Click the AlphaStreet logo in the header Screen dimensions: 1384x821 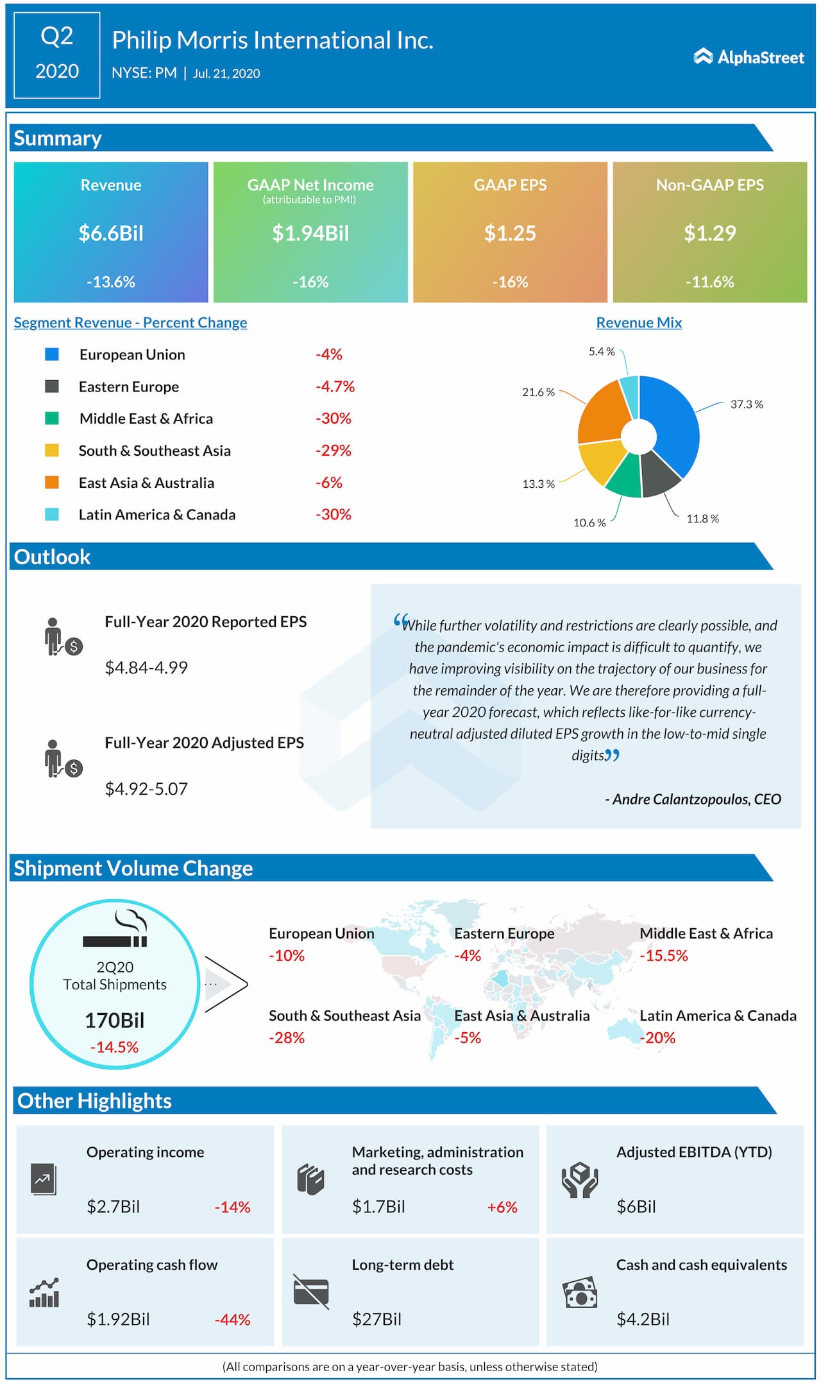tap(749, 57)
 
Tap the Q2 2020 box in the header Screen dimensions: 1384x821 tap(56, 55)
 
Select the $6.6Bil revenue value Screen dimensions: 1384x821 tap(111, 233)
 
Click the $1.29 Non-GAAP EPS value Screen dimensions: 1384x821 tap(709, 233)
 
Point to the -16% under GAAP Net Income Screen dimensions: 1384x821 tap(310, 282)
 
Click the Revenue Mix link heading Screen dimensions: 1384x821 tap(639, 323)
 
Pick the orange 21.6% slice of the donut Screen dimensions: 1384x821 tap(604, 411)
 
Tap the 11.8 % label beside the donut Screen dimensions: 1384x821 tap(702, 519)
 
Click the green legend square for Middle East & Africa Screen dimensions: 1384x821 tap(52, 419)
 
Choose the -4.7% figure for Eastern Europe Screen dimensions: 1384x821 tap(335, 386)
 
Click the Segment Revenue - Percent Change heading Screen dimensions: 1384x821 tap(130, 323)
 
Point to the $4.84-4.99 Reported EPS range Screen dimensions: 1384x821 tap(146, 668)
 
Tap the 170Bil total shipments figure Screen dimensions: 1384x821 tap(115, 1020)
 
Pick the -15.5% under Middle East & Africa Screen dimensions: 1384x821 tap(663, 956)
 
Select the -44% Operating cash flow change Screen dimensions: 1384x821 tap(232, 1320)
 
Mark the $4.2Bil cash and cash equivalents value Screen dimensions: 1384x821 tap(643, 1319)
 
